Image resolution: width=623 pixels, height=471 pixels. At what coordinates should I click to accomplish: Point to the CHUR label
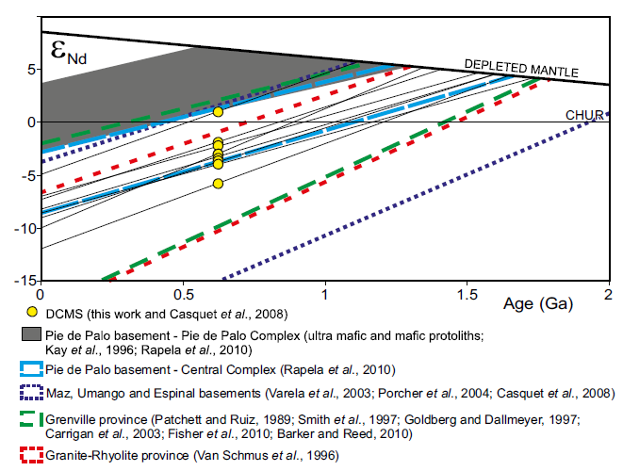584,115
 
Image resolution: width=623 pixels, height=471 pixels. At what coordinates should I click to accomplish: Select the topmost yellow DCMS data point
218,111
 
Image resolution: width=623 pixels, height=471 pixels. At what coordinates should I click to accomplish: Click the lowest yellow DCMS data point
218,184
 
